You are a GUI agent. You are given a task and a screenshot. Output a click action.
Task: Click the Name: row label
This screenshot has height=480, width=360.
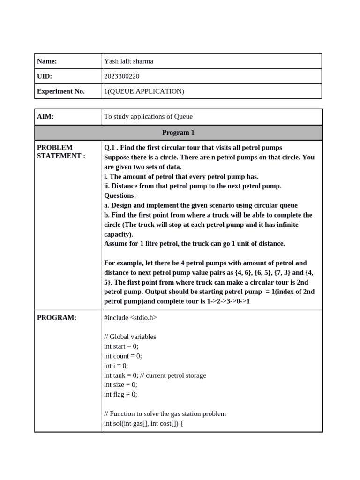47,61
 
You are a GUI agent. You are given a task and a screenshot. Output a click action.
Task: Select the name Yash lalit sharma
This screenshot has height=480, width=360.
128,61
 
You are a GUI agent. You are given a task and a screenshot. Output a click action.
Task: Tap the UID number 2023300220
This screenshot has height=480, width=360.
121,76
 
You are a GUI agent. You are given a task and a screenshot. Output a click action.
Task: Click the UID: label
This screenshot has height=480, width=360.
45,76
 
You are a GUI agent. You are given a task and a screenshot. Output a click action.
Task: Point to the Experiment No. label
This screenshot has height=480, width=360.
61,91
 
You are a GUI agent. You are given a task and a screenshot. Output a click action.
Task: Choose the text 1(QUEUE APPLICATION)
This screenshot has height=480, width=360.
144,91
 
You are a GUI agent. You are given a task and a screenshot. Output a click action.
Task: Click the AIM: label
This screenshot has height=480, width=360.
45,117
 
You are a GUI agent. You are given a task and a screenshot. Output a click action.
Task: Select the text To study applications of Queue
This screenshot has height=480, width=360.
148,117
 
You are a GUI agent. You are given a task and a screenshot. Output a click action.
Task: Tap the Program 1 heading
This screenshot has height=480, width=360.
178,133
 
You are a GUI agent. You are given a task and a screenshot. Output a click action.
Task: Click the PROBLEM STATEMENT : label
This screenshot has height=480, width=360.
61,152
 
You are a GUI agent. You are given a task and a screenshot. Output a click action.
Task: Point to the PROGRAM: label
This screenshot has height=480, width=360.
56,318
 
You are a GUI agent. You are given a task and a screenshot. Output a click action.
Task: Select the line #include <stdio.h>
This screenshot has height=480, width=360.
130,318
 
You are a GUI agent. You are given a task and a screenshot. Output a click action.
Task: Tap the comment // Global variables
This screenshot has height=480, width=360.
130,337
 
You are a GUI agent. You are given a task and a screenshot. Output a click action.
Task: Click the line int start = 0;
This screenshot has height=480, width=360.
121,346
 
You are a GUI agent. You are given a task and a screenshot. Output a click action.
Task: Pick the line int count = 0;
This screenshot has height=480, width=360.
123,356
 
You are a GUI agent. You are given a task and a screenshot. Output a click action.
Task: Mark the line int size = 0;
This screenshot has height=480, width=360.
120,385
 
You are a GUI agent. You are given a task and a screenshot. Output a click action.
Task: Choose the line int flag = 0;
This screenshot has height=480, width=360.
120,394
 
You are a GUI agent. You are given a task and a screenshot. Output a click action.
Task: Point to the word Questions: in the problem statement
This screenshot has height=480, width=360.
120,195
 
